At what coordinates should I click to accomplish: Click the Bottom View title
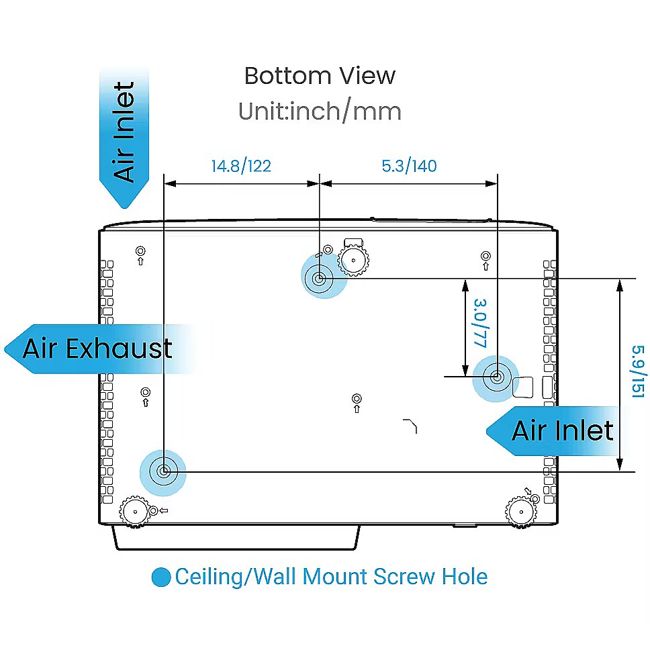(x=320, y=76)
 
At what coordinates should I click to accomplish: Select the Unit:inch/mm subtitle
(x=320, y=111)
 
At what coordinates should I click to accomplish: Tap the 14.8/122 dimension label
(x=241, y=167)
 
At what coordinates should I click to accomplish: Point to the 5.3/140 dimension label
(x=409, y=166)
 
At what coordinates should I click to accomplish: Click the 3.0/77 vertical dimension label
(x=481, y=323)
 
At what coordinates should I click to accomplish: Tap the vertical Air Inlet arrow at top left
(x=124, y=137)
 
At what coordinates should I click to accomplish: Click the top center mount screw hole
(x=319, y=279)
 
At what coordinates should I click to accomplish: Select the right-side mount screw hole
(x=497, y=377)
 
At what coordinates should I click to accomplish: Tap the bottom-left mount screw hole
(x=164, y=471)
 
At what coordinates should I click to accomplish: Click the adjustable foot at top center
(x=353, y=261)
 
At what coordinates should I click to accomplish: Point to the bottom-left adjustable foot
(x=135, y=512)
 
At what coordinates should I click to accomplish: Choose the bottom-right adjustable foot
(x=521, y=512)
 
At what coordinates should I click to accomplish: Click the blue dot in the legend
(x=161, y=577)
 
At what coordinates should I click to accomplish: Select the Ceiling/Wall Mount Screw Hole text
(x=331, y=577)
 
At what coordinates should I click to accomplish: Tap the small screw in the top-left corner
(x=140, y=251)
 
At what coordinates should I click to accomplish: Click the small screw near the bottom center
(x=357, y=399)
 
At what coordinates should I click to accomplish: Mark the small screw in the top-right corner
(x=485, y=256)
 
